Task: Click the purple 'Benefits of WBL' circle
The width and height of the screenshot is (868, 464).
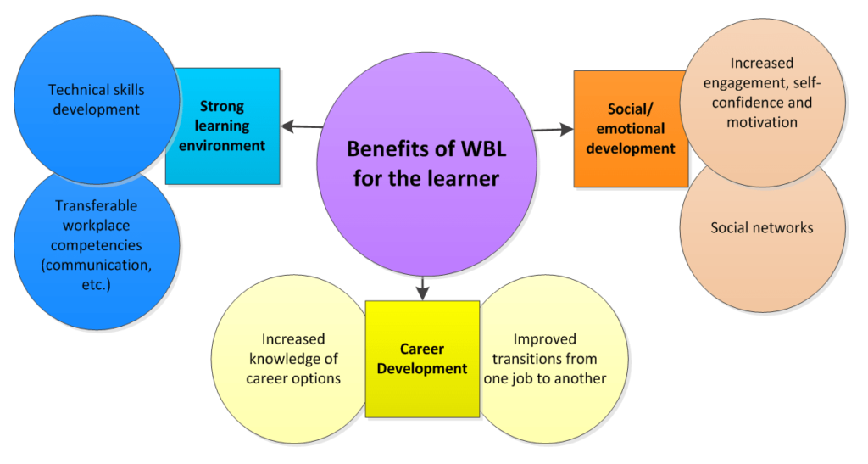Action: pos(426,164)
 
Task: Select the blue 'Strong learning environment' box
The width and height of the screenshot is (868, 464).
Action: pos(223,126)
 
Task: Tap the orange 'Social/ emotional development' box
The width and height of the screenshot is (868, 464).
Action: pos(631,128)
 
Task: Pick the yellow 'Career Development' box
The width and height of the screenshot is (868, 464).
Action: pos(422,359)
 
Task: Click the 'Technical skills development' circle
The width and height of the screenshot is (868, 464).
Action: pos(97,99)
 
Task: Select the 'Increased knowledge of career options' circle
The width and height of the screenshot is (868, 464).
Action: pos(291,359)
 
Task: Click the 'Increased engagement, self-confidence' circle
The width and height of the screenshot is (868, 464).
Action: pos(762,103)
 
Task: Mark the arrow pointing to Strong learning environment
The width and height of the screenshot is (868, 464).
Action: pos(303,126)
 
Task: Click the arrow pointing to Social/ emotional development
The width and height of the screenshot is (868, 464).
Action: pos(553,130)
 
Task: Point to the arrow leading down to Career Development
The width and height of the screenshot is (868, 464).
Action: pos(423,288)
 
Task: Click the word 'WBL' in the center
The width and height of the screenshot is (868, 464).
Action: pos(481,149)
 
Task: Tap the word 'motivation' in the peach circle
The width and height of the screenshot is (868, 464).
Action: pos(762,122)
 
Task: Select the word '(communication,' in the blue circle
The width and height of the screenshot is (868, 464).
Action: pos(97,266)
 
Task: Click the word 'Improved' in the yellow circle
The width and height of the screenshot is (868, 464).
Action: pos(545,338)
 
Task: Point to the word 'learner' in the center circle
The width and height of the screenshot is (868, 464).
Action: pos(464,179)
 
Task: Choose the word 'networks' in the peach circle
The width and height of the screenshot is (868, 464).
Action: pos(785,227)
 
